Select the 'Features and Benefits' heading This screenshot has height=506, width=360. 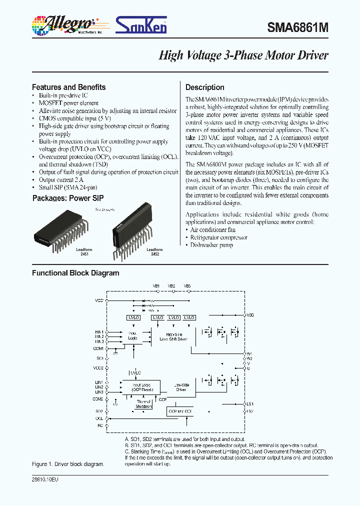click(x=68, y=87)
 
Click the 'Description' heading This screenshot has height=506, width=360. click(x=205, y=87)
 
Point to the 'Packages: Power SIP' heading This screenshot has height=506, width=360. click(x=68, y=198)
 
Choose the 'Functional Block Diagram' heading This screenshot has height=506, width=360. click(x=75, y=273)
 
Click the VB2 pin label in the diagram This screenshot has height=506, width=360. click(x=171, y=285)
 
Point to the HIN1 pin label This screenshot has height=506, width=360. click(x=99, y=331)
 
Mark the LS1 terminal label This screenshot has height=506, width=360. click(x=250, y=403)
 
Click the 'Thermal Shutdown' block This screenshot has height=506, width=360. click(x=143, y=404)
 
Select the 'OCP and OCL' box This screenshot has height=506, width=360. click(x=180, y=410)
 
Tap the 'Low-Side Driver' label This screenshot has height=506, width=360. click(x=181, y=387)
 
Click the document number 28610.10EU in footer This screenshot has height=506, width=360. click(x=44, y=479)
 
